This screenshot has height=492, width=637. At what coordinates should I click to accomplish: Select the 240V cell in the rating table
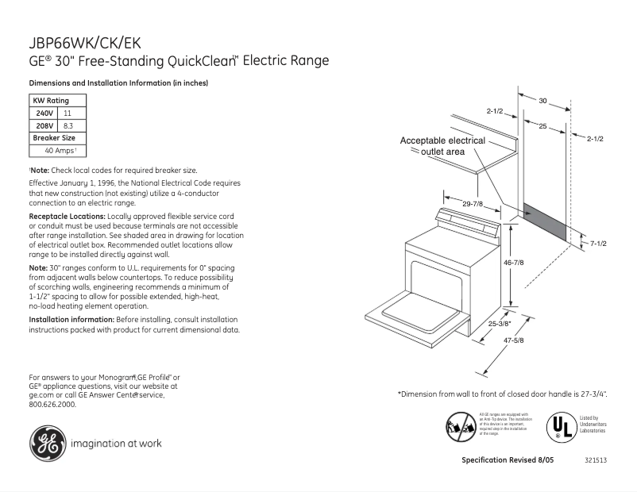[x=44, y=113]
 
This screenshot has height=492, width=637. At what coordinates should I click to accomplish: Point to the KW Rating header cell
[x=51, y=101]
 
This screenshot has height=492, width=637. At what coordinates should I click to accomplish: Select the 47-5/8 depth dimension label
[x=513, y=340]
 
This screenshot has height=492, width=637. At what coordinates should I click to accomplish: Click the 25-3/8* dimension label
[x=501, y=324]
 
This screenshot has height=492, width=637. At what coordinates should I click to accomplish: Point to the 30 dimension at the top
[x=543, y=101]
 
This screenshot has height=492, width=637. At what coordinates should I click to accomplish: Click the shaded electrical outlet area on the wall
[x=545, y=223]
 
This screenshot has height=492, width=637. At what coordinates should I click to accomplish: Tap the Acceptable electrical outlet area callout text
[x=442, y=146]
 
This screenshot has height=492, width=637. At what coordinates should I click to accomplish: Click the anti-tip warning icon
[x=461, y=425]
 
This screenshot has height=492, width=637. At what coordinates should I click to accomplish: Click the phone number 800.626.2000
[x=52, y=404]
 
